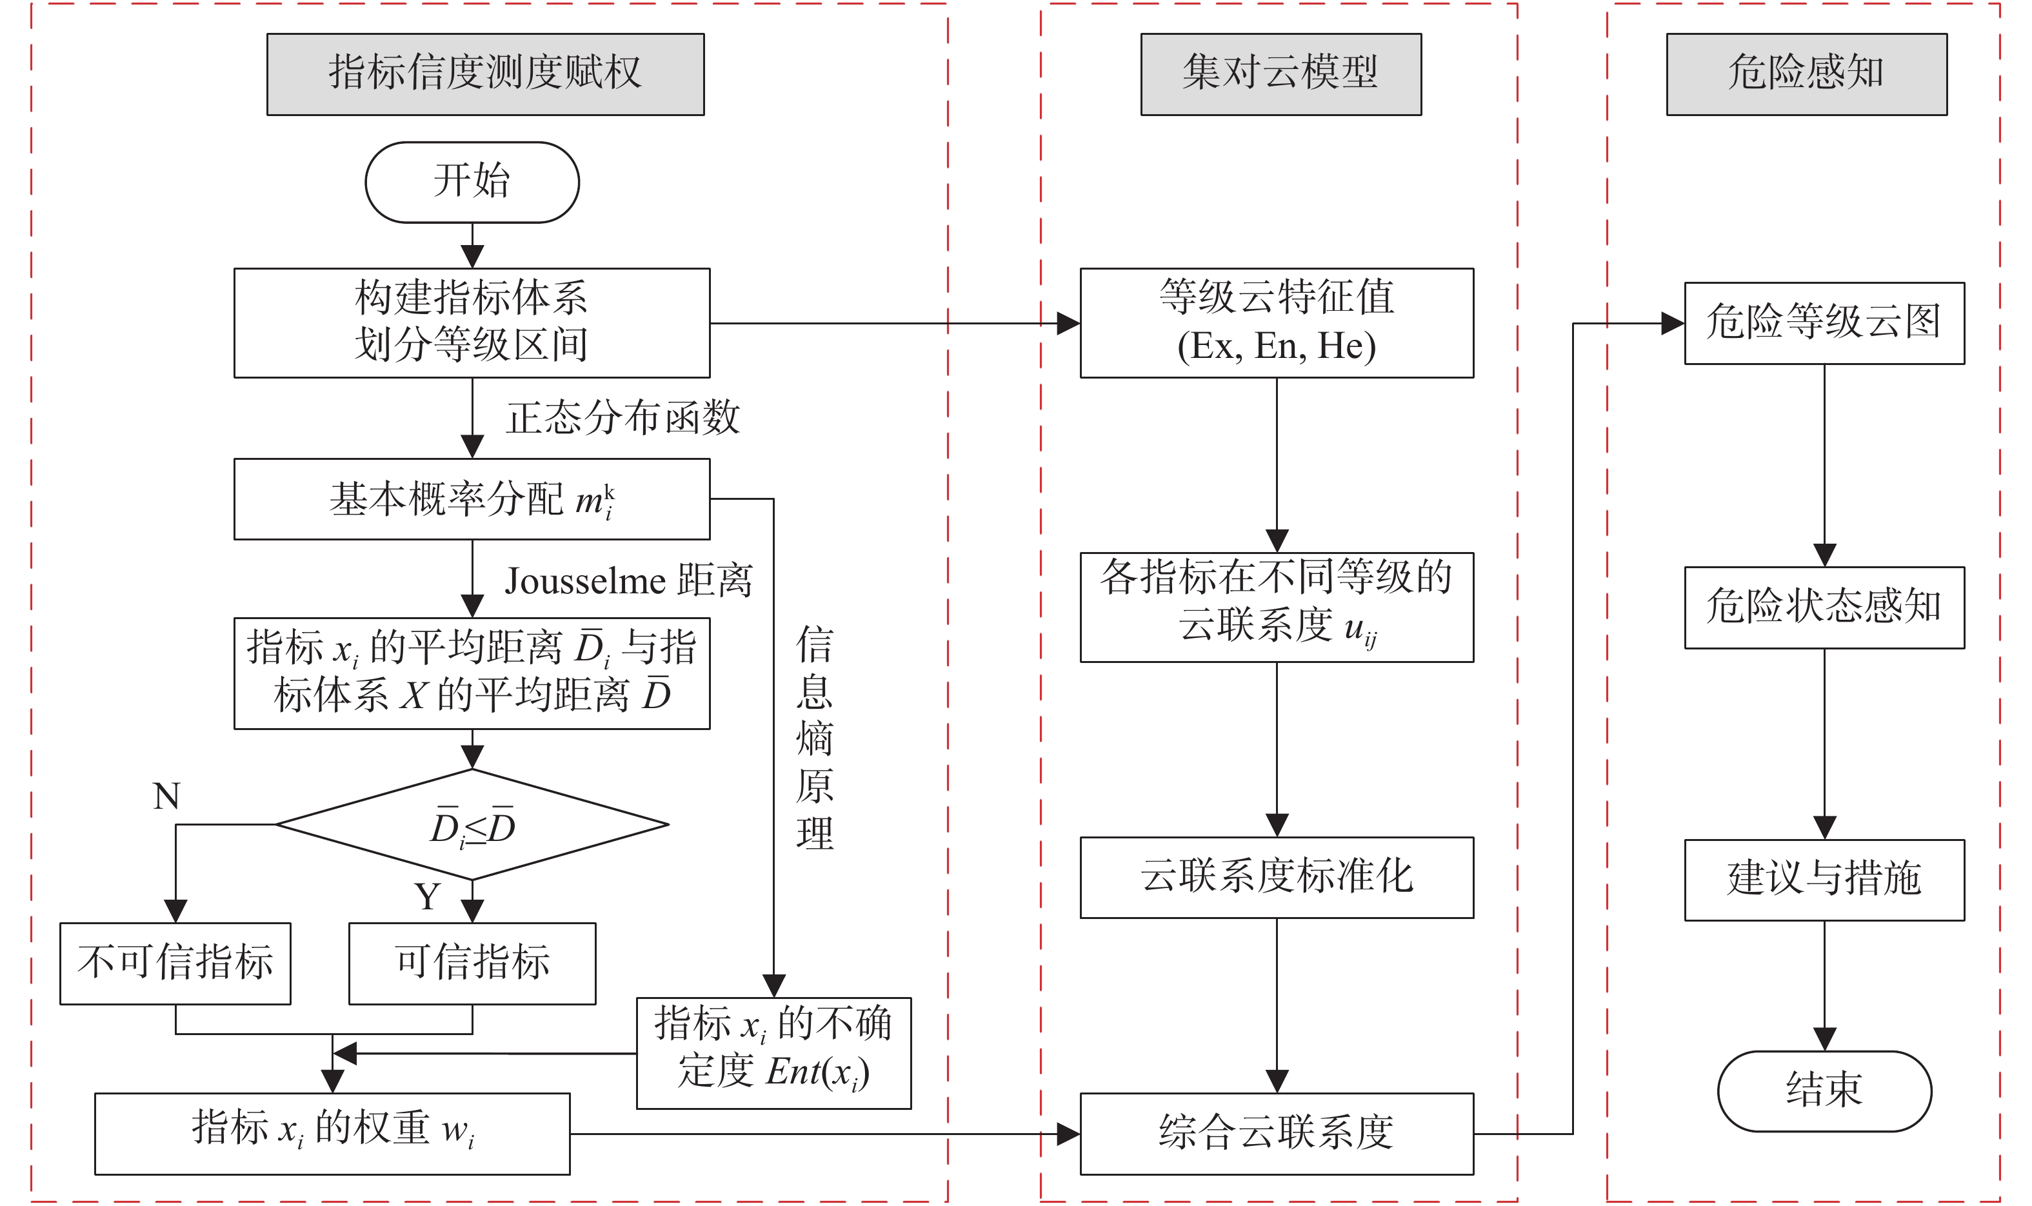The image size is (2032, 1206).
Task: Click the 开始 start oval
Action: coord(472,182)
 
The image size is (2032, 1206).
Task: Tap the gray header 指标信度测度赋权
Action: coord(485,74)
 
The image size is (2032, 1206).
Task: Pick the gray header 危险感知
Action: coord(1806,74)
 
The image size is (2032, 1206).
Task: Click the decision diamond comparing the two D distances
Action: coord(472,825)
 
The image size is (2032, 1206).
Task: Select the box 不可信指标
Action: coord(175,963)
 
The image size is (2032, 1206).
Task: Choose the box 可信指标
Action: coord(472,963)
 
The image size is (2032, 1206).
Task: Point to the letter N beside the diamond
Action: coord(166,796)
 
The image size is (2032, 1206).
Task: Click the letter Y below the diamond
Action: coord(428,897)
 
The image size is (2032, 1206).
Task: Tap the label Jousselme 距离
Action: coord(628,581)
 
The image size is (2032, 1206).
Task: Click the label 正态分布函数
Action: coord(623,418)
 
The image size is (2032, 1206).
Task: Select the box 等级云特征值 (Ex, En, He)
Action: coord(1276,322)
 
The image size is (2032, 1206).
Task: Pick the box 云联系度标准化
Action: coord(1276,877)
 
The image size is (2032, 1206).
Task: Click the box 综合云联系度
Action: coord(1276,1133)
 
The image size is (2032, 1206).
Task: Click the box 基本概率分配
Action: coord(472,499)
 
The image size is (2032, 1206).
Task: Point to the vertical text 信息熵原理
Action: coord(815,737)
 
